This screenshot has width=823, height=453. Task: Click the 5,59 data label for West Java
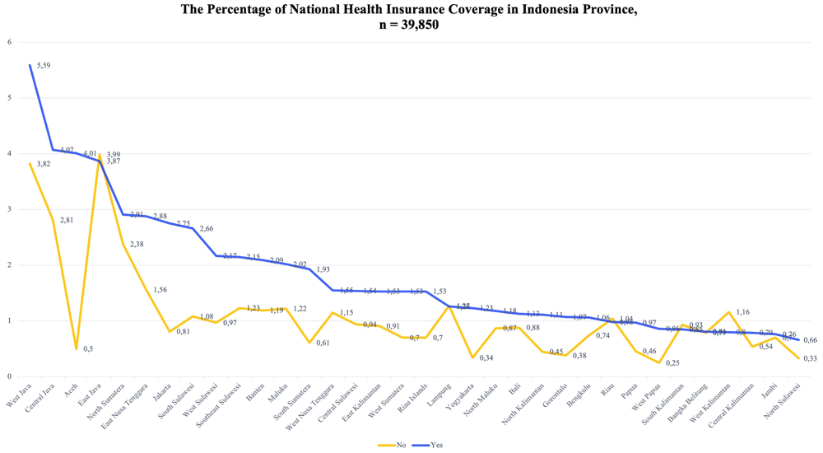pos(44,66)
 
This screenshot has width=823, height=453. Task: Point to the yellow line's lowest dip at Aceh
pos(77,348)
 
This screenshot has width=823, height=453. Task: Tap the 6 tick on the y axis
pos(9,42)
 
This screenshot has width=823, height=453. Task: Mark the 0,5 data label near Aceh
pos(87,349)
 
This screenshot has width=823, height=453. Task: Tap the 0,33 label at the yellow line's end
pos(810,358)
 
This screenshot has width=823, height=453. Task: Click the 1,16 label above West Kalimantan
pos(743,313)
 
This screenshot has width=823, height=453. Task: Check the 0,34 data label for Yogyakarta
pos(486,357)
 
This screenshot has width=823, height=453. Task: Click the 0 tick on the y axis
pos(9,376)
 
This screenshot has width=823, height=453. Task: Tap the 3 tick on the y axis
pos(9,209)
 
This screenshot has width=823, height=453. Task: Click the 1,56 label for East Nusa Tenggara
pos(160,290)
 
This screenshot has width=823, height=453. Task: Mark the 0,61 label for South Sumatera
pos(323,343)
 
